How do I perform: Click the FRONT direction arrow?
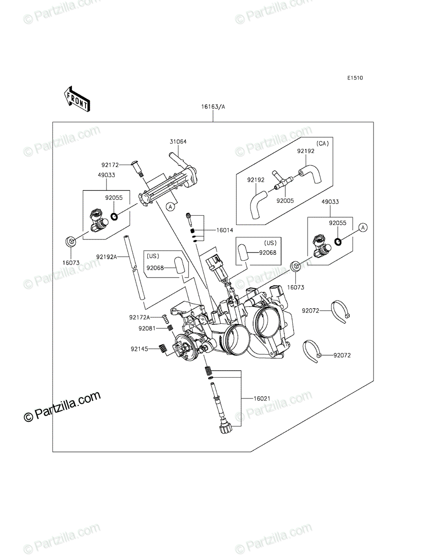click(x=77, y=99)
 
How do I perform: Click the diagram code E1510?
click(x=355, y=78)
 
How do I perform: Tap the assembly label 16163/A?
click(x=213, y=107)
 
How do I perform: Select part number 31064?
click(x=178, y=142)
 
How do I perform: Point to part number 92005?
click(x=285, y=200)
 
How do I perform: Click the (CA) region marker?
click(x=322, y=144)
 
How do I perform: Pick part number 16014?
click(x=225, y=230)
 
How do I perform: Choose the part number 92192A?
click(x=106, y=257)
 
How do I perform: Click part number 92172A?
click(x=139, y=317)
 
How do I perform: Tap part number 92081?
click(x=147, y=328)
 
